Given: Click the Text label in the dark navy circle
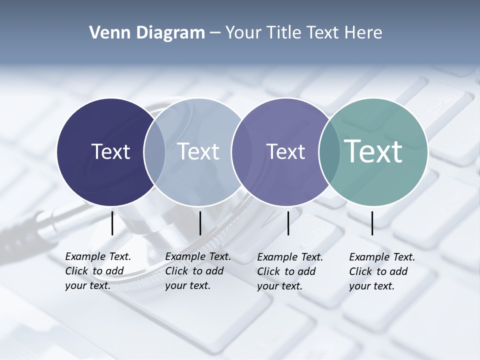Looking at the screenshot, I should (110, 151).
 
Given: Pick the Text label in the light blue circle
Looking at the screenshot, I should (198, 151).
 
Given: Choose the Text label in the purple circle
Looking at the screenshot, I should (285, 151).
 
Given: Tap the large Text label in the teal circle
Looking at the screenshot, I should (373, 151).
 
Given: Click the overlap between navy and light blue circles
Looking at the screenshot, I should (154, 151).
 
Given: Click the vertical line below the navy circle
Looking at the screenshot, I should (112, 223).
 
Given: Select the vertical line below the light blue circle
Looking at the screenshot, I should (200, 223).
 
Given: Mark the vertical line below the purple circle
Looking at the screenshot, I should (288, 223).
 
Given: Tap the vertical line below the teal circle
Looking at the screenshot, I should (372, 223).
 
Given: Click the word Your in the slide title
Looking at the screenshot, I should (243, 33).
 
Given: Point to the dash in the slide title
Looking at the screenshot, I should (215, 33).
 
